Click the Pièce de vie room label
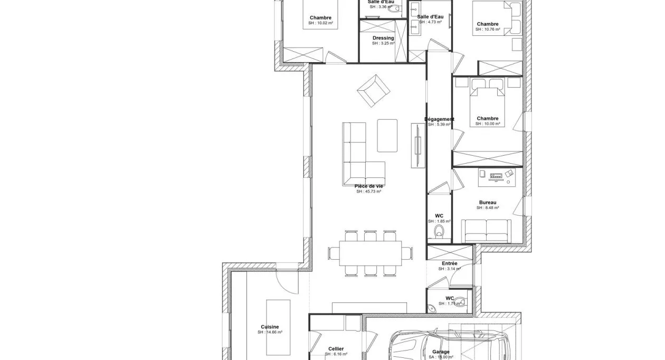pyautogui.click(x=368, y=186)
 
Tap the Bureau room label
pyautogui.click(x=487, y=202)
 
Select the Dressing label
pyautogui.click(x=383, y=38)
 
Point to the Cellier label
pyautogui.click(x=336, y=348)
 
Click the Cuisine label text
pyautogui.click(x=270, y=327)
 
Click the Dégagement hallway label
pyautogui.click(x=440, y=119)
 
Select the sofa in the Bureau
pyautogui.click(x=487, y=231)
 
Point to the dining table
pyautogui.click(x=371, y=253)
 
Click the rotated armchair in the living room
pyautogui.click(x=374, y=90)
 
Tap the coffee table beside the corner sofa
pyautogui.click(x=387, y=135)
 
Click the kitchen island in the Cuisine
pyautogui.click(x=278, y=327)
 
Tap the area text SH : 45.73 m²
pyautogui.click(x=368, y=192)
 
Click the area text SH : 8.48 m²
pyautogui.click(x=487, y=208)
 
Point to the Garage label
pyautogui.click(x=441, y=352)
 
